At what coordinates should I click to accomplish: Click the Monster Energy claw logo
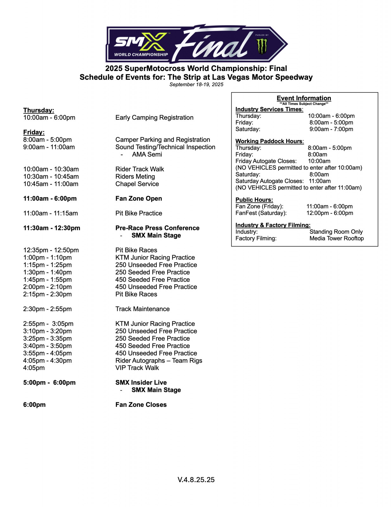coord(262,46)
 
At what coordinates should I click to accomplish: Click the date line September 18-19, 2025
coord(196,85)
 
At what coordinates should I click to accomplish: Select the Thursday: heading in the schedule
coord(39,110)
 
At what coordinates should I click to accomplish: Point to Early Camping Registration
coord(154,118)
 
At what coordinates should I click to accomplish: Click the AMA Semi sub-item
coord(147,154)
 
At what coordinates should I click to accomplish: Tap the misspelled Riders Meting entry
coord(135,176)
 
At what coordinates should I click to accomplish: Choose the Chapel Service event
coord(137,184)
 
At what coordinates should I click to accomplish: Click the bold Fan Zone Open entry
coord(138,199)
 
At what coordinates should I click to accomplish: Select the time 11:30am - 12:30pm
coord(52,228)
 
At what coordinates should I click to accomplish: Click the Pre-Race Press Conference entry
coord(157,228)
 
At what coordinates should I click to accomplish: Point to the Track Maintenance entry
coord(142,309)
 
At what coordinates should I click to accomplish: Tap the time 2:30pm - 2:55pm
coord(47,309)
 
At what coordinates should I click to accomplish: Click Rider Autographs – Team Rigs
coord(158,361)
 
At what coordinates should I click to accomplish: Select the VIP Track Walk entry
coord(137,368)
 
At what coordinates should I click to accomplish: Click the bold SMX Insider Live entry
coord(141,382)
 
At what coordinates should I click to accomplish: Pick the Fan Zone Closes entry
coord(141,405)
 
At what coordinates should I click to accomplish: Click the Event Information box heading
coord(304,98)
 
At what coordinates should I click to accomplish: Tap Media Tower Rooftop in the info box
coord(337,238)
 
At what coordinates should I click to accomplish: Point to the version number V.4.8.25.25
coord(196,480)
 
